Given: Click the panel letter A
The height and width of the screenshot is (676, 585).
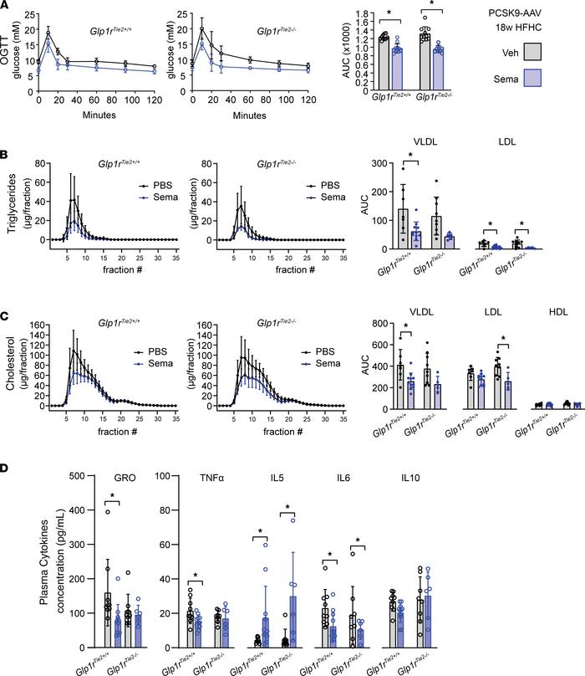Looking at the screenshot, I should point(6,6).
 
